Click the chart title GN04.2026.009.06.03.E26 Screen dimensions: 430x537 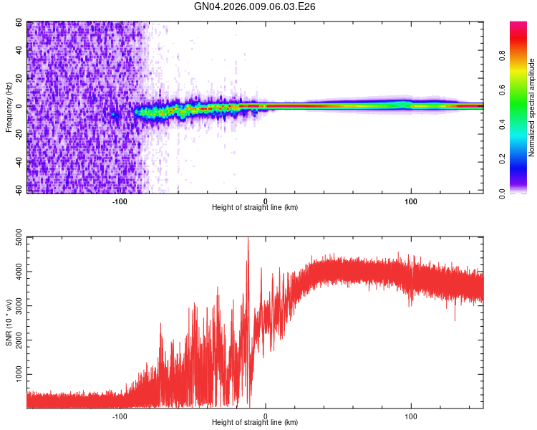pos(256,6)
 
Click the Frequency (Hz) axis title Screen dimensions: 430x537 pos(9,107)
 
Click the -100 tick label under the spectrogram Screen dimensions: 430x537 pos(120,201)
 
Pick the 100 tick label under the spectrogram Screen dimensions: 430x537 pos(411,201)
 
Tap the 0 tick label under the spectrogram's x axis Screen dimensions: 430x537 pos(266,201)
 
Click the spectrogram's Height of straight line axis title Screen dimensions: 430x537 pos(255,209)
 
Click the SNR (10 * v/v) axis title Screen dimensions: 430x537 pos(9,322)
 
